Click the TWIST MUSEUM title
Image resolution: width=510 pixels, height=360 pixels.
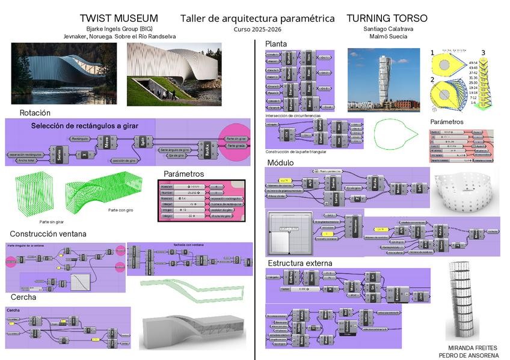[118, 19]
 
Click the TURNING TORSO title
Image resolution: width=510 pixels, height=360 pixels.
[387, 19]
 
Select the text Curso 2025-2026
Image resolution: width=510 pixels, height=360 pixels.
[257, 29]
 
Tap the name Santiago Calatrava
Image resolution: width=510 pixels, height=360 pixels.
[387, 29]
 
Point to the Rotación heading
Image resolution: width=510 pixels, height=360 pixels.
[35, 112]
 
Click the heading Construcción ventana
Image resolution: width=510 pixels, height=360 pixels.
[48, 234]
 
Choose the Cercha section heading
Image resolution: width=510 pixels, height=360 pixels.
[23, 297]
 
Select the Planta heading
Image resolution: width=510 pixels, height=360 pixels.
[276, 44]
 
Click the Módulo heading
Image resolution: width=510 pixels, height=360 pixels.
[280, 163]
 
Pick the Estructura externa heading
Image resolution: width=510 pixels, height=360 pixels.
[300, 263]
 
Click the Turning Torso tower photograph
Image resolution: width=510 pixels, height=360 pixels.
[383, 80]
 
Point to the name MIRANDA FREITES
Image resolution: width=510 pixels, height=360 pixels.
[473, 348]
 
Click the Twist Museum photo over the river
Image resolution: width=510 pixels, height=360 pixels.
[64, 73]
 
